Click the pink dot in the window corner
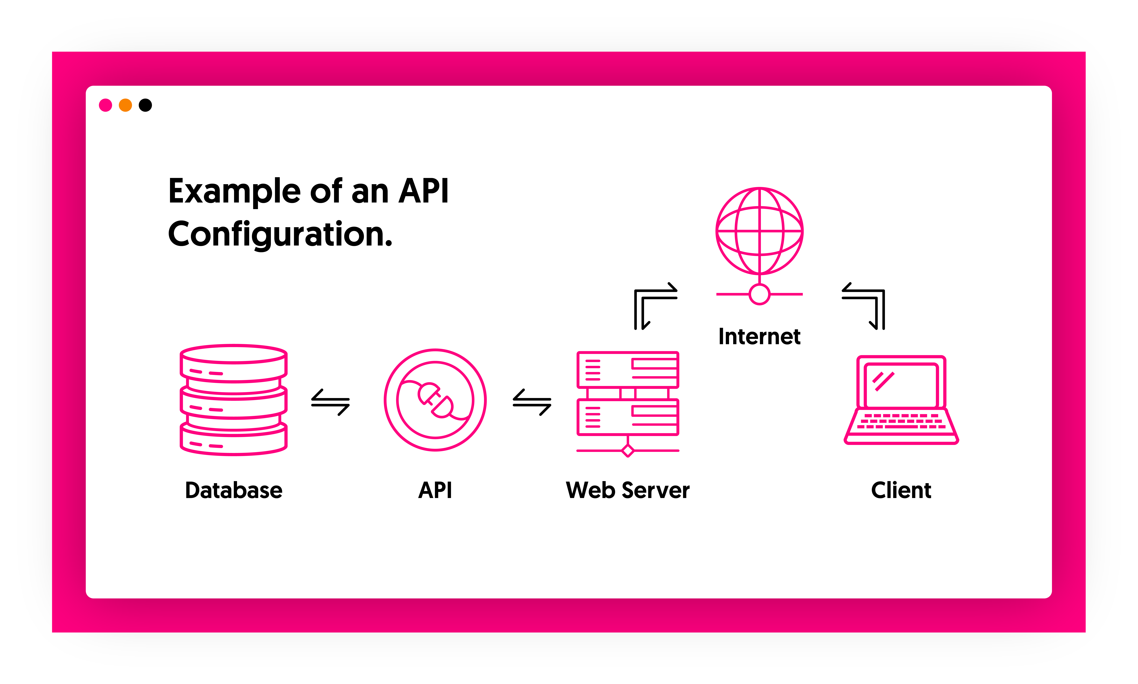point(106,105)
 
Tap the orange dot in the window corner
point(125,105)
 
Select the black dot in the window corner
point(145,105)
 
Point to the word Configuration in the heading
point(280,234)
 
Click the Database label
point(234,490)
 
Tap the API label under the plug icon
point(435,490)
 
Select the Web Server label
point(628,490)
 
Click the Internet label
point(759,336)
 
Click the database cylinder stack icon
point(234,400)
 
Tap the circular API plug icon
point(435,400)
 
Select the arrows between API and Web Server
point(532,402)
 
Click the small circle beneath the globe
point(759,294)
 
